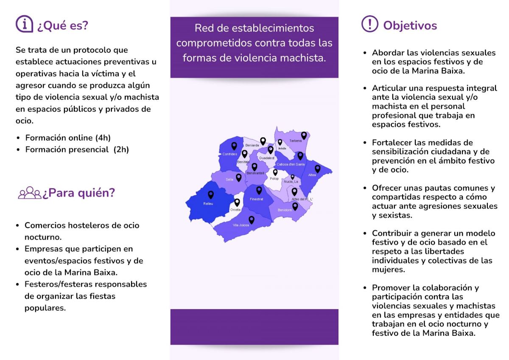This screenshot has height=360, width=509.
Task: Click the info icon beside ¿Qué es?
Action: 24,24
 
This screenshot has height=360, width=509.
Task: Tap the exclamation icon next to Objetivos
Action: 370,24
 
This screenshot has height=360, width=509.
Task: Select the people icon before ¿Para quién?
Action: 29,193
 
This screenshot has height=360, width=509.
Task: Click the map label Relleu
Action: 208,203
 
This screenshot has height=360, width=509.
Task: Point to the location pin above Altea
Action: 317,169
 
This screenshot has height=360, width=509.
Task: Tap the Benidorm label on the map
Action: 285,210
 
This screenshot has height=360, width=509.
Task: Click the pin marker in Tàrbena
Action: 304,135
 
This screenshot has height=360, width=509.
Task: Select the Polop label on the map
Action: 274,179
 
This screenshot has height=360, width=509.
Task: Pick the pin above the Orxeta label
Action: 237,202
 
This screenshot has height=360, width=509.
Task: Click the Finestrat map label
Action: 257,199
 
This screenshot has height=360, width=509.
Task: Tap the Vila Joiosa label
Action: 241,225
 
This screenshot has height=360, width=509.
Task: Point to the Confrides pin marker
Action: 234,146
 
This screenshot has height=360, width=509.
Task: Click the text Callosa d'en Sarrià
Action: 291,164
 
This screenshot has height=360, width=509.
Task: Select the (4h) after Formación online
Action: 103,138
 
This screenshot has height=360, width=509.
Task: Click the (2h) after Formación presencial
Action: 121,150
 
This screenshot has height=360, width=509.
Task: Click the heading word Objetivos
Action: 410,25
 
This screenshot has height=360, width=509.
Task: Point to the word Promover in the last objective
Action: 390,288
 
